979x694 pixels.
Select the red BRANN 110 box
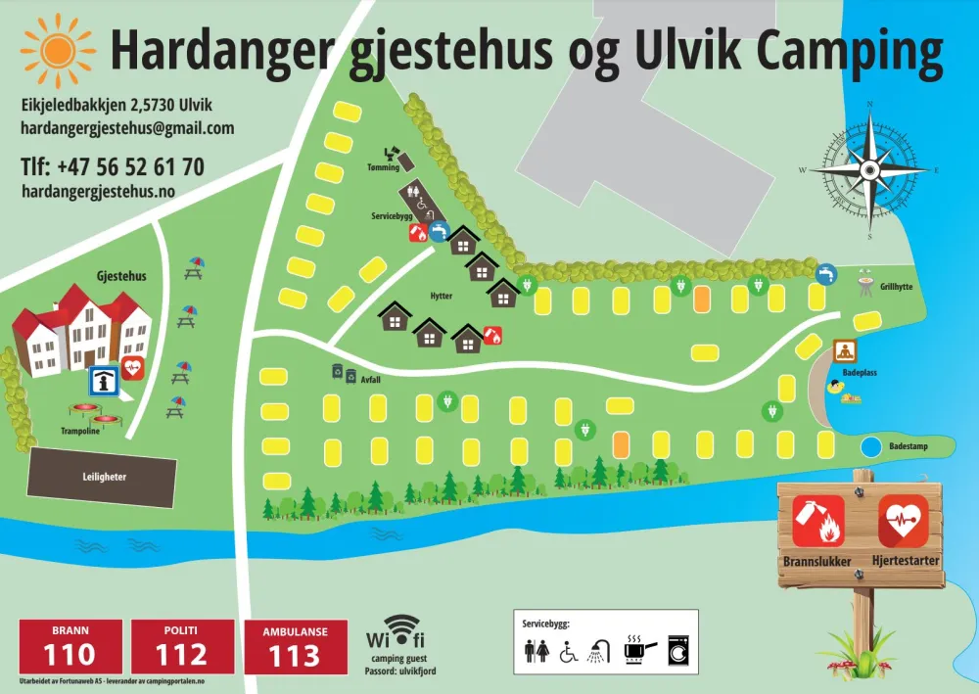point(71,646)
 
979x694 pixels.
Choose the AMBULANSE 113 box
point(295,646)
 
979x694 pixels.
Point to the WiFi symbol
point(401,629)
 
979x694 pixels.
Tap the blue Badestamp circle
point(869,447)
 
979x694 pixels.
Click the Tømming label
point(384,166)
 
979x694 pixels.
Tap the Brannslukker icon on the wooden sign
point(817,522)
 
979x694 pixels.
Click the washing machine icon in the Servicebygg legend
point(677,649)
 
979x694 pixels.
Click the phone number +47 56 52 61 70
point(113,167)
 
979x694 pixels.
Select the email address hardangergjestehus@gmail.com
point(127,128)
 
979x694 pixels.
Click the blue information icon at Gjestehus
point(101,380)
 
